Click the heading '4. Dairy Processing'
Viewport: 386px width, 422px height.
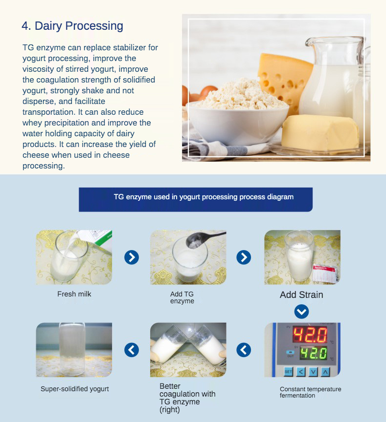tap(72, 26)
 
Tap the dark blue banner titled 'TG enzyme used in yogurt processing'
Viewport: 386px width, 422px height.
tap(196, 199)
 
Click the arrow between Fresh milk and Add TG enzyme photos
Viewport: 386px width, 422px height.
tap(132, 257)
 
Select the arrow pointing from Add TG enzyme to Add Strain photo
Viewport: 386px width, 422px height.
tap(244, 257)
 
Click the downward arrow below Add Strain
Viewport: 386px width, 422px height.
tap(302, 312)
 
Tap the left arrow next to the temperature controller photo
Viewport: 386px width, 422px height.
tap(244, 350)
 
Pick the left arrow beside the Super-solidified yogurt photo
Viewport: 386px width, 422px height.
tap(132, 350)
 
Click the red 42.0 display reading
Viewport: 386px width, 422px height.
tap(310, 335)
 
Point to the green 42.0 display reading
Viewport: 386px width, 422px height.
tap(314, 353)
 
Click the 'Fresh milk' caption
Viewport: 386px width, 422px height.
tap(74, 294)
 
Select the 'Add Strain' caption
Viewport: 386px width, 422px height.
tap(301, 295)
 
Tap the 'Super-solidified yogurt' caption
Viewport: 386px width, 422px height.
tap(75, 389)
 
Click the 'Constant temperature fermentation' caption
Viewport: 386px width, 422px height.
tap(310, 392)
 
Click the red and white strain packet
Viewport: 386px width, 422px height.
tap(325, 274)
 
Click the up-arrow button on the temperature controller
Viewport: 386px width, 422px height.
tap(325, 372)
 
